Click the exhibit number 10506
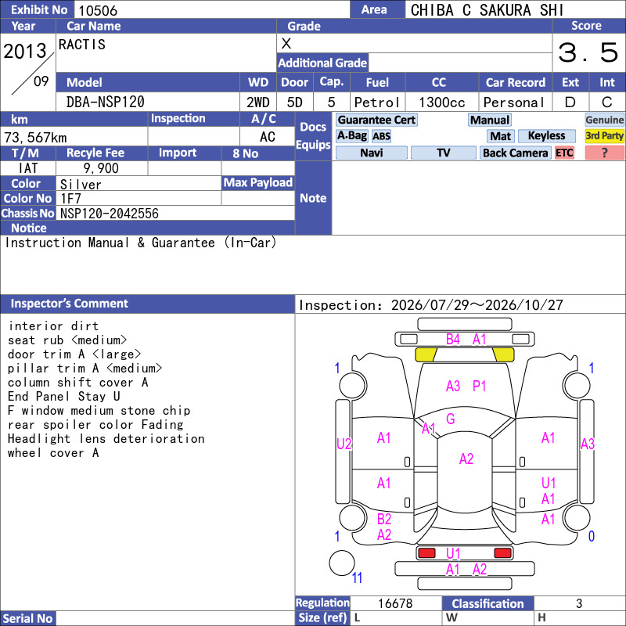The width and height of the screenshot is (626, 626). coord(98,10)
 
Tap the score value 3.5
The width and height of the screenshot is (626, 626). coord(588,52)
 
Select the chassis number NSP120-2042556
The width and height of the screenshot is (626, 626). coord(110,214)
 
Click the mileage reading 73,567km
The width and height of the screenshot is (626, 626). coord(35,138)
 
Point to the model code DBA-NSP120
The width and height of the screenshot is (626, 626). coord(106,103)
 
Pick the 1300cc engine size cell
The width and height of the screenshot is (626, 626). coord(442,103)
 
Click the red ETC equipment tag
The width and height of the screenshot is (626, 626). coord(564,153)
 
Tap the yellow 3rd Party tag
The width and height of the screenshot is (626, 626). coord(604,136)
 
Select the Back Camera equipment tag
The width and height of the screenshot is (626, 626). coord(515,153)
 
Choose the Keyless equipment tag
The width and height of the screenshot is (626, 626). coord(546,136)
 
